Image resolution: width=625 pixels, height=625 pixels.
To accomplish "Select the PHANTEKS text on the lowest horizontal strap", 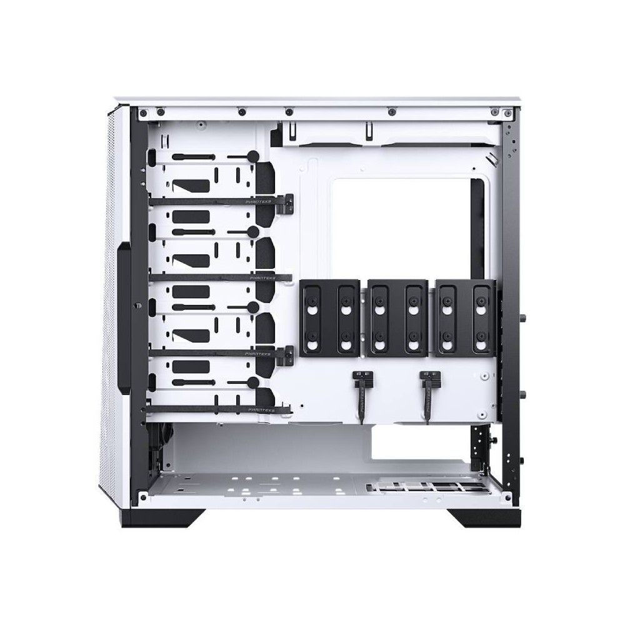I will tap(259, 409).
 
